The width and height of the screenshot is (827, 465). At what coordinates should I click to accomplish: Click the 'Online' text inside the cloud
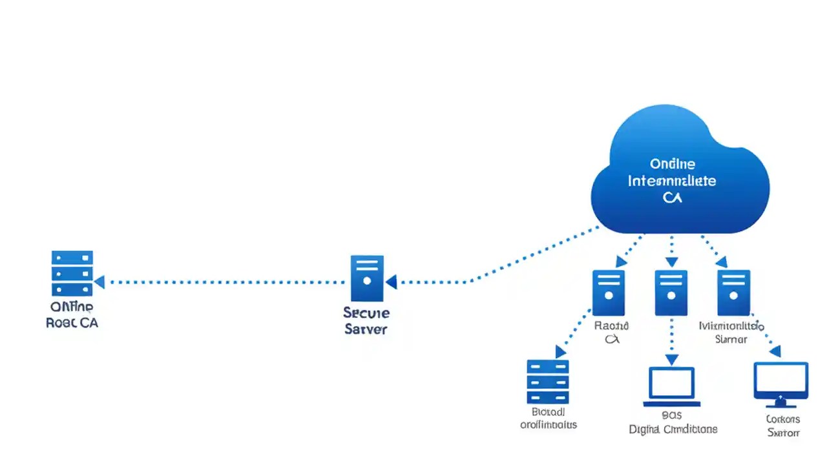click(672, 164)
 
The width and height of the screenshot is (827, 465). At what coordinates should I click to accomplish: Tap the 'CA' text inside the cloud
click(672, 198)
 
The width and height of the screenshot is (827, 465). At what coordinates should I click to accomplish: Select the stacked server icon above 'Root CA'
click(72, 273)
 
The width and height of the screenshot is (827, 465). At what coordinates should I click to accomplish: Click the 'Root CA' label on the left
click(72, 323)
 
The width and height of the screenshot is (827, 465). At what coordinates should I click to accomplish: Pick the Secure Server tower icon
click(367, 278)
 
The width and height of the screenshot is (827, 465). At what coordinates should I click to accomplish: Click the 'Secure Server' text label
click(366, 321)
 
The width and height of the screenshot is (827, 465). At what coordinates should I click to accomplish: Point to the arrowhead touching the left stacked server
click(99, 282)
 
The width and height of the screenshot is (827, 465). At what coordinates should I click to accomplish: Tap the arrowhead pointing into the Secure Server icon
click(391, 282)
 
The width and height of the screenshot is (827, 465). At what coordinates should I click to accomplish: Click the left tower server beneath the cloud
click(609, 293)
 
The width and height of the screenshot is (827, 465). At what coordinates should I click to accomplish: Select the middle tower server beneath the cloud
click(671, 293)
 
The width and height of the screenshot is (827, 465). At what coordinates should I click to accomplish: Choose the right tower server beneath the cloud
click(733, 293)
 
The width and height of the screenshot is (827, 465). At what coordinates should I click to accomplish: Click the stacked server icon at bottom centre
click(547, 382)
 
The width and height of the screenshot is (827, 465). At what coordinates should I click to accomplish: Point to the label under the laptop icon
click(673, 422)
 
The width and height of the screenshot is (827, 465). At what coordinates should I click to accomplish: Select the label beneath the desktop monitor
click(783, 426)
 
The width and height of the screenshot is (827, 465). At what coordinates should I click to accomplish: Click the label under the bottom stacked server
click(548, 418)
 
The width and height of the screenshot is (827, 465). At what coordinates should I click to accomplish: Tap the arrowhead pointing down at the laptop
click(672, 360)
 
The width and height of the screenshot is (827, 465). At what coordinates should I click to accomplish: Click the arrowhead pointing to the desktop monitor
click(774, 352)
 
